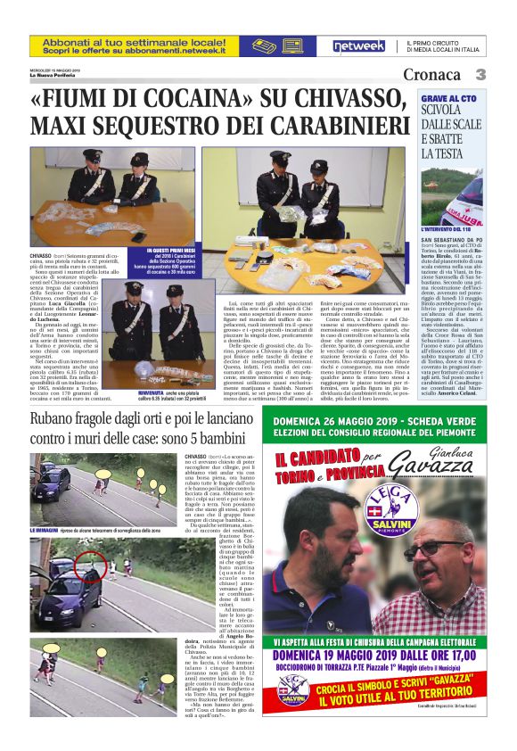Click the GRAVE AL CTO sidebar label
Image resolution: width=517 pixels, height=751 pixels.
[x=449, y=100]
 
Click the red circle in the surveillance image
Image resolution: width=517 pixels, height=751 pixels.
[x=89, y=565]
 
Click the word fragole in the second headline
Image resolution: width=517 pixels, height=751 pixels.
[x=97, y=418]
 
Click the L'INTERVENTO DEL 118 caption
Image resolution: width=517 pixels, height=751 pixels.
[x=451, y=229]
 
